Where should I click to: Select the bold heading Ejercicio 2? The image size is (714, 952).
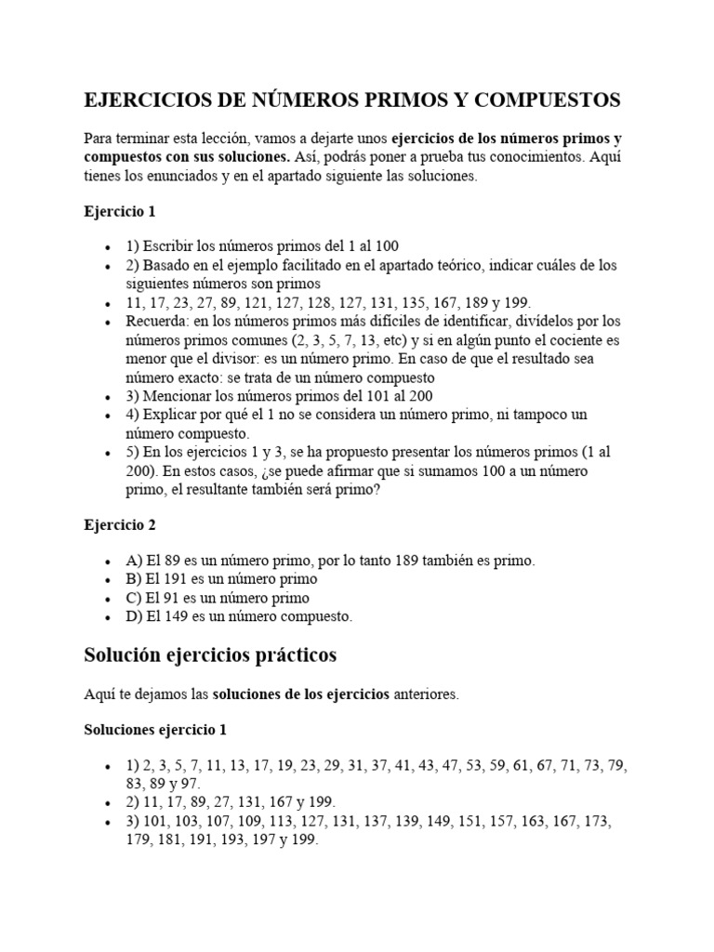[120, 525]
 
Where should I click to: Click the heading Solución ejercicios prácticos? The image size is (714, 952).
[210, 655]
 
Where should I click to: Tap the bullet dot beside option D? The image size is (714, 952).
[109, 616]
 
